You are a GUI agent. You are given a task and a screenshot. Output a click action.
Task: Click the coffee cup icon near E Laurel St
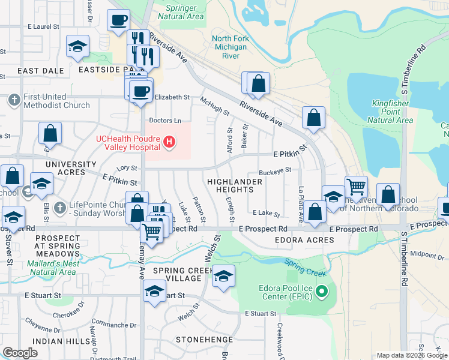coord(118,19)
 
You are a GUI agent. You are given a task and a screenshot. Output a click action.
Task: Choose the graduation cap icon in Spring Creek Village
coord(223,276)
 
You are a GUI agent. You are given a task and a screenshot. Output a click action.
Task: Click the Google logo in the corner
coord(20,353)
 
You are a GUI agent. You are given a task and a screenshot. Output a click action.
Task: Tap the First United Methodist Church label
coord(56,101)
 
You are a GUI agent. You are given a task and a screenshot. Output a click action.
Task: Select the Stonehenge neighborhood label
coord(200,340)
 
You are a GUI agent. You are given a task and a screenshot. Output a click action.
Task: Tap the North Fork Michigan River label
coord(230,47)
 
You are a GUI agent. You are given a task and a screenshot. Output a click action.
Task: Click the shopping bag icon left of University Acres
coord(50,133)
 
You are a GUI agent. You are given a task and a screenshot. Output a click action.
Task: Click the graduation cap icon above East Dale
coord(77,47)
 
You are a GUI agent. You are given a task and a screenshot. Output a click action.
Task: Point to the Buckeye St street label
coord(275,170)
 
